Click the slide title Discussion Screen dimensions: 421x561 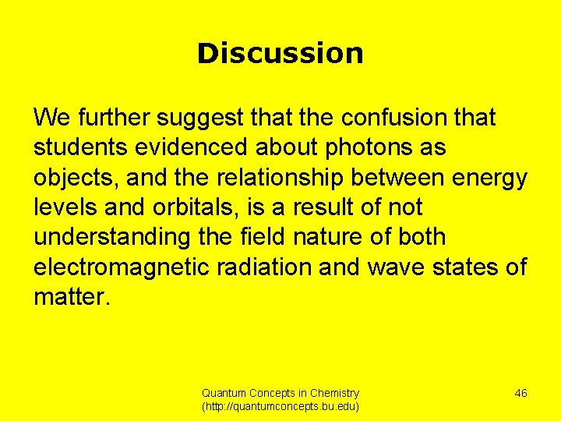pyautogui.click(x=280, y=54)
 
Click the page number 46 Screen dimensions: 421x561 pyautogui.click(x=520, y=393)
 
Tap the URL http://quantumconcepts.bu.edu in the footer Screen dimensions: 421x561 pyautogui.click(x=280, y=407)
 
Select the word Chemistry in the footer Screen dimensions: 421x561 pyautogui.click(x=334, y=394)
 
